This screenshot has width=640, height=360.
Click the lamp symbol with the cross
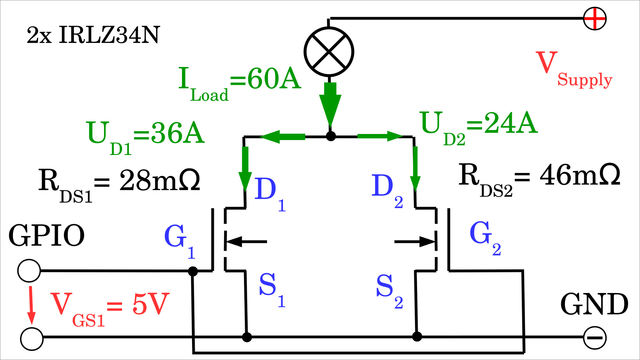329,52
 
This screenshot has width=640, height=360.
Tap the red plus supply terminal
595,19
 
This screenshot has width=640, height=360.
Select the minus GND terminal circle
595,338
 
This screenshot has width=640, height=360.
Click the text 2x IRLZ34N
93,35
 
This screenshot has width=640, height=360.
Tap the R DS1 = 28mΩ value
119,183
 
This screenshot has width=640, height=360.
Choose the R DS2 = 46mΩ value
539,178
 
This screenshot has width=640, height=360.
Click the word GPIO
46,235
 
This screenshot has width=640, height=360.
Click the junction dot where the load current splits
331,136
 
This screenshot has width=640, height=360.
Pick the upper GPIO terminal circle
29,271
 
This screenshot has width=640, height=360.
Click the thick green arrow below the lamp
330,103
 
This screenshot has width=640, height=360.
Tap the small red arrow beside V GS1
31,305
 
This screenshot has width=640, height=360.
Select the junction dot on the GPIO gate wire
193,271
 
